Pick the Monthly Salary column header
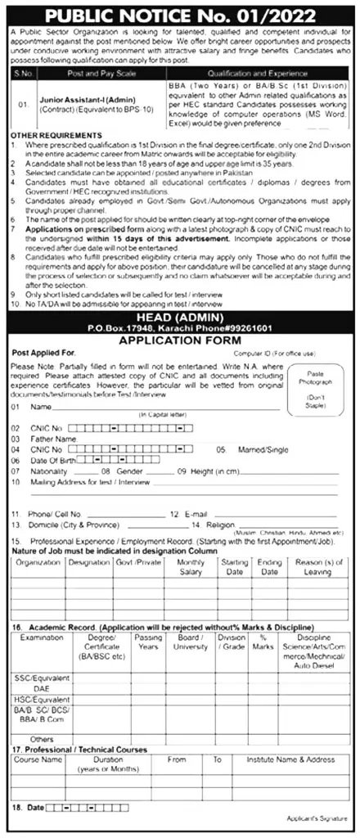(190, 568)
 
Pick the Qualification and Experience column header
(275, 72)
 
